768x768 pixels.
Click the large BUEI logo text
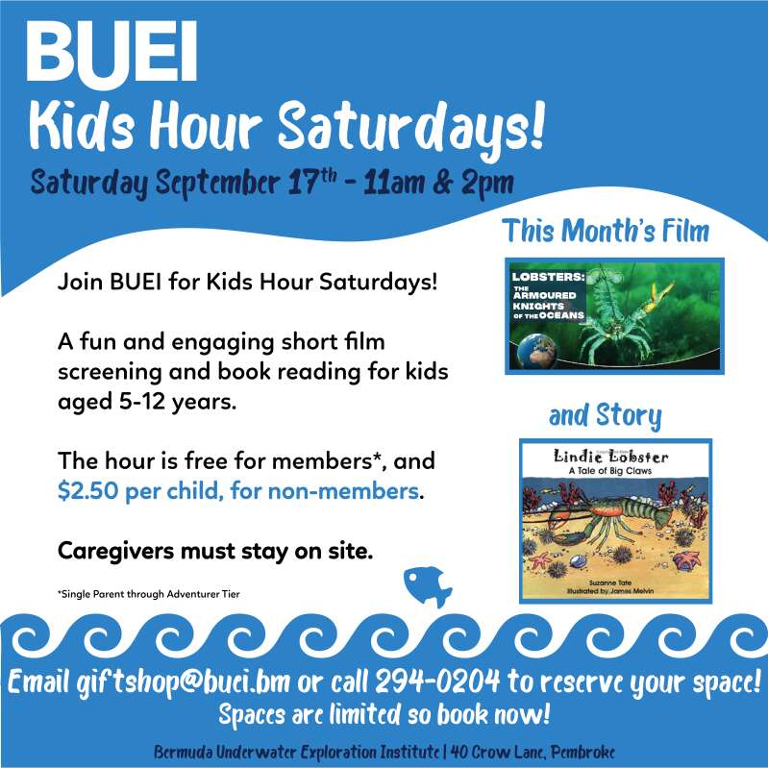click(111, 52)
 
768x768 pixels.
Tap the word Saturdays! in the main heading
click(411, 129)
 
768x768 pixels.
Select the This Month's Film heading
click(606, 230)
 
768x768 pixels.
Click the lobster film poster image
click(614, 316)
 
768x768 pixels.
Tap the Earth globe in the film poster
click(537, 351)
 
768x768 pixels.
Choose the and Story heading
click(605, 416)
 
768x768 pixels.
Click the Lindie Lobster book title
click(610, 457)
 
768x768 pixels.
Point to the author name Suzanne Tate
click(610, 582)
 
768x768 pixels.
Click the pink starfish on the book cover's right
click(686, 559)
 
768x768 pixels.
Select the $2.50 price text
click(88, 491)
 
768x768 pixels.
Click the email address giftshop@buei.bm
click(184, 682)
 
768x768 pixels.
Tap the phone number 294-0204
click(438, 681)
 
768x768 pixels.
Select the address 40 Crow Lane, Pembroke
click(533, 752)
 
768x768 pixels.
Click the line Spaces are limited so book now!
click(384, 714)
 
